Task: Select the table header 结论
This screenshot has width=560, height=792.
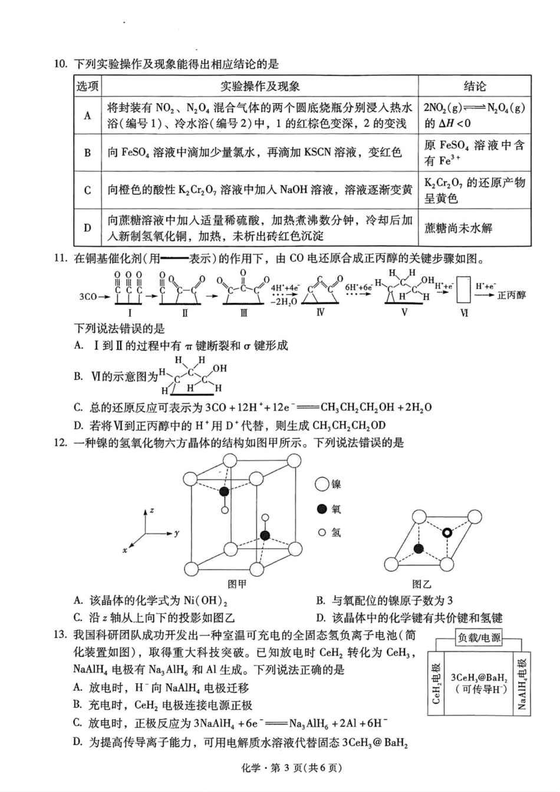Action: (475, 86)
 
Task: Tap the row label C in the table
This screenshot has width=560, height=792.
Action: (87, 190)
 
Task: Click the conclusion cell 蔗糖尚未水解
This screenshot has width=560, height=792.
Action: (458, 228)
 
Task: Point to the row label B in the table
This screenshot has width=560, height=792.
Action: (87, 152)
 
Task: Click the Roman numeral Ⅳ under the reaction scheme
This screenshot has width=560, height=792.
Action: (320, 312)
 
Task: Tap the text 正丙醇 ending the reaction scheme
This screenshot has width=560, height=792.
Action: (512, 295)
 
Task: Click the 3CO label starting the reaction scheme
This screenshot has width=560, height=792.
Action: (88, 296)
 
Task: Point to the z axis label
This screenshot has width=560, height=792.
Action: (152, 510)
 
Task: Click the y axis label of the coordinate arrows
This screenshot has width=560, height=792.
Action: (176, 533)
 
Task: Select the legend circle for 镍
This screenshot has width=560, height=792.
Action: (322, 485)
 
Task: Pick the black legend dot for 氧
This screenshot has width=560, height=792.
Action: (322, 509)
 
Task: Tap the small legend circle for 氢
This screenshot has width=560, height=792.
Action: (322, 532)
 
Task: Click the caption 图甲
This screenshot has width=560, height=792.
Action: (237, 584)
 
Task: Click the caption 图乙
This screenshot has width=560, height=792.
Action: (422, 584)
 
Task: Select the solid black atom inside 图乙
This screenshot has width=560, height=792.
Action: (419, 549)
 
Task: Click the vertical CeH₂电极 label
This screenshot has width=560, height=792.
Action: (437, 683)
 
